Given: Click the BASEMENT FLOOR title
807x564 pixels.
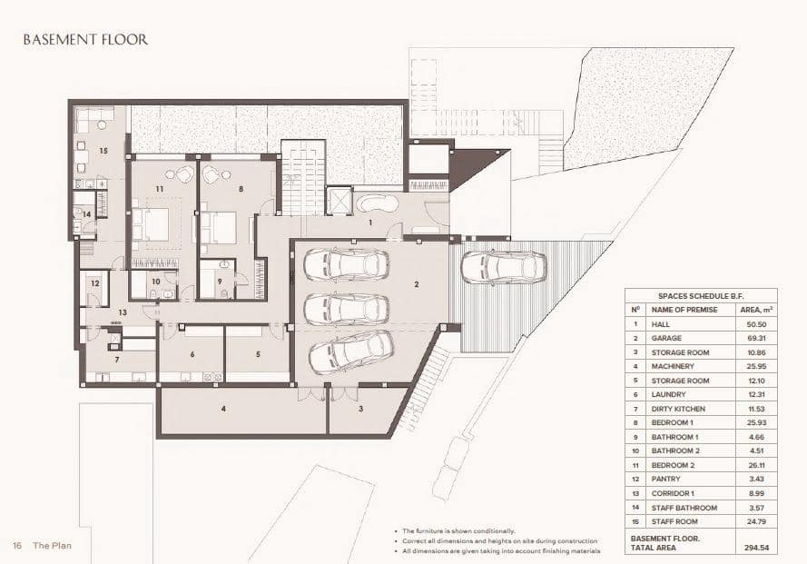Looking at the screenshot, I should [x=85, y=40].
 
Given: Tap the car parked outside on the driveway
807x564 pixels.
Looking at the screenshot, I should [x=502, y=267].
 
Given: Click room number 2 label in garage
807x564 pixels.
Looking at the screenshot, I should [x=416, y=284].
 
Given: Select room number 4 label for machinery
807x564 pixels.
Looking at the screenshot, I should [x=222, y=409].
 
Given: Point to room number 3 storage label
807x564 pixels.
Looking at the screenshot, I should [x=360, y=409].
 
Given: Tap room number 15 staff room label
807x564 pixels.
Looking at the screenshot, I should [x=103, y=150].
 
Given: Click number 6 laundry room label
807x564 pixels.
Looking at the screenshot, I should [x=192, y=354].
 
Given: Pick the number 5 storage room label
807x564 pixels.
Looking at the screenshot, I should [x=258, y=354].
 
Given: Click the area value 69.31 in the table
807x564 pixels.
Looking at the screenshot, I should [x=769, y=338].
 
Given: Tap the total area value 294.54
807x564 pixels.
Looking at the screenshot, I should [x=769, y=548].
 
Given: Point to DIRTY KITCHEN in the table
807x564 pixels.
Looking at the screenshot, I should [x=679, y=409].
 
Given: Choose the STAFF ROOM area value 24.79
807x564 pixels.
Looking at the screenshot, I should [x=769, y=522].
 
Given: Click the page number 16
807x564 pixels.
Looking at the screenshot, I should [x=17, y=546].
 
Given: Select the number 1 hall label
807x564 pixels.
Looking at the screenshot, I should [x=369, y=222].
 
